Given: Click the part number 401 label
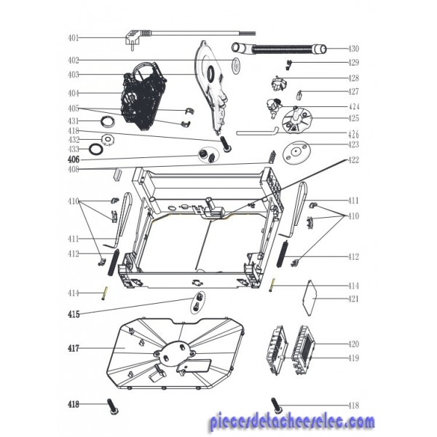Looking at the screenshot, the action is coord(74,38).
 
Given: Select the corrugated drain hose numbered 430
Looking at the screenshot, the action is coord(279,50).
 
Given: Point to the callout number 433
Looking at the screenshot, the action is coord(74,149).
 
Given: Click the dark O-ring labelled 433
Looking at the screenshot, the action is coord(96,149).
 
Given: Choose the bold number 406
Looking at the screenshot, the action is coord(74,160).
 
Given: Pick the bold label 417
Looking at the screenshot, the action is coord(74,348).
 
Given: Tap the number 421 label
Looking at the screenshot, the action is coord(353,299).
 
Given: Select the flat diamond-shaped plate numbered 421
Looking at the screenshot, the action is coord(310,298).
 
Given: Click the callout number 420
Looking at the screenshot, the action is coord(353,345).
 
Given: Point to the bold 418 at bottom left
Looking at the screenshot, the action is coord(74,404).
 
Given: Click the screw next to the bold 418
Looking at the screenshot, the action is coord(113,407).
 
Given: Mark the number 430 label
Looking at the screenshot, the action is coord(353,49).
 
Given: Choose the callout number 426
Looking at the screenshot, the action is coord(353,135).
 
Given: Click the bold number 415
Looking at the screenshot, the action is coord(74,315).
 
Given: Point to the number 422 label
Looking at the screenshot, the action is coord(353,160).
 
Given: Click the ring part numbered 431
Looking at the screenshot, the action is coord(108,121).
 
